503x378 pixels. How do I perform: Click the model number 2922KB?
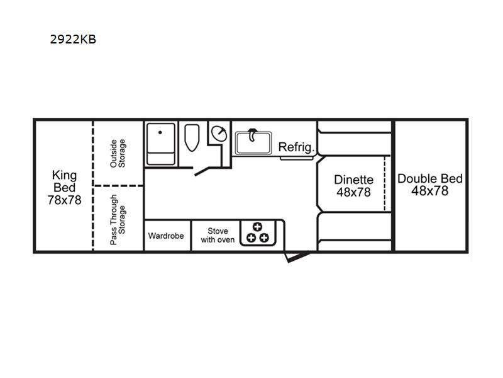(73, 39)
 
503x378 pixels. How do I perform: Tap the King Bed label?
(65, 181)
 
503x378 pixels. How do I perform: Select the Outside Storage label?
(118, 153)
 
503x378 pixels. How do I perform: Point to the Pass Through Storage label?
(118, 219)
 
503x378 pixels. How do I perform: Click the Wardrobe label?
(166, 236)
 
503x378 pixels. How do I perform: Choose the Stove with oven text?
(218, 235)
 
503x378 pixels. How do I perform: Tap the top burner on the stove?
(257, 227)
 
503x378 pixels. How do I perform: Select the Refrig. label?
(296, 147)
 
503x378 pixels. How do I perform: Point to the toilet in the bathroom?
(192, 137)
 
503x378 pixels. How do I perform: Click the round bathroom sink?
(219, 134)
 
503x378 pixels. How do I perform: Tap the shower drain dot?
(160, 132)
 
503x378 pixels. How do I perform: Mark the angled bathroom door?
(201, 171)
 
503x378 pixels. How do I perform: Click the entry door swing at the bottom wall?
(297, 257)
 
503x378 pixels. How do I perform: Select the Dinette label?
(353, 180)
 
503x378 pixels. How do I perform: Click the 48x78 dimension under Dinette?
(353, 192)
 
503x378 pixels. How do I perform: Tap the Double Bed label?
(430, 179)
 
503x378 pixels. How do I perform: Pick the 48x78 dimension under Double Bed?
(430, 191)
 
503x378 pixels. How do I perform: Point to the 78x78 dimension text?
(65, 200)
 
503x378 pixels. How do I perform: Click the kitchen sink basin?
(253, 143)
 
